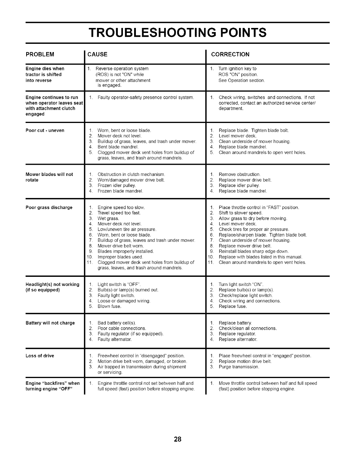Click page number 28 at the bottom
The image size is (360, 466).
[178, 440]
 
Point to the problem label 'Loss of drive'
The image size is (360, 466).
[40, 356]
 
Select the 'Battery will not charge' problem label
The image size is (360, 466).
[50, 323]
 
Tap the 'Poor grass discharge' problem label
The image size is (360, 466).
[49, 207]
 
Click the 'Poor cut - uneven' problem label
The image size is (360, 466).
[45, 130]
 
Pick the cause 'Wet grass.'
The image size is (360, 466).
[108, 219]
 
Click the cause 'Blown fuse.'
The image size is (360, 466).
[109, 307]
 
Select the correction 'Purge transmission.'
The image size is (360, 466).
[239, 367]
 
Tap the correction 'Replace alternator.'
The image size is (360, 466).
[238, 339]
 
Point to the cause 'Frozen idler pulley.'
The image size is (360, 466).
[116, 186]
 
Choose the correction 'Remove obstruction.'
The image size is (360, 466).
[239, 174]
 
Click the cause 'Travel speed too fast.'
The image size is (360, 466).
[119, 213]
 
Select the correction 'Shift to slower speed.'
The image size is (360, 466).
[240, 213]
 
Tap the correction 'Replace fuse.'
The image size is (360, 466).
[233, 307]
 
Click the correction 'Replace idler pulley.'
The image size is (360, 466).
[239, 186]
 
